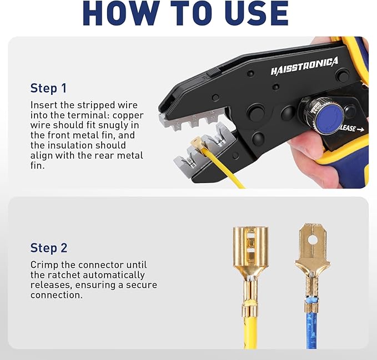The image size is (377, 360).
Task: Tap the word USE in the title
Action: (253, 13)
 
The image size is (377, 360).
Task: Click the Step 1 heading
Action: (48, 88)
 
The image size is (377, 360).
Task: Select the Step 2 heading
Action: (49, 247)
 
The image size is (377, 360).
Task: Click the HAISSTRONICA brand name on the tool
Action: (304, 66)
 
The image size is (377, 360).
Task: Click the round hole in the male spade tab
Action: (313, 240)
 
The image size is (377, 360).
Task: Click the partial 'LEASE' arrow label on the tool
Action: (351, 129)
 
